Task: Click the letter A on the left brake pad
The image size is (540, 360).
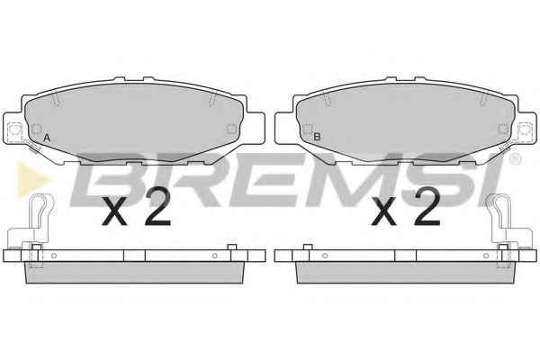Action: tap(47, 138)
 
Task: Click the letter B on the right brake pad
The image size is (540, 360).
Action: tap(317, 137)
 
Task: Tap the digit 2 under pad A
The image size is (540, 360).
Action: tap(157, 207)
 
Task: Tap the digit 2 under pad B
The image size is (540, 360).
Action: tap(427, 207)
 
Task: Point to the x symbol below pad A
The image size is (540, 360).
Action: tap(114, 212)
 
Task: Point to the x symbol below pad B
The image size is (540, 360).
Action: tap(384, 212)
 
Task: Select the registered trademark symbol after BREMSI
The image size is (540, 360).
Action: tap(515, 158)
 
